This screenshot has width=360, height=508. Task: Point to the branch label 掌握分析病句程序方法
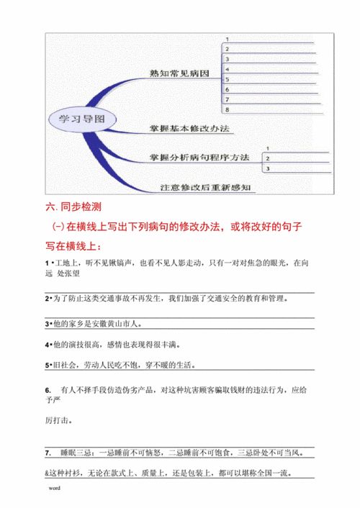(200, 156)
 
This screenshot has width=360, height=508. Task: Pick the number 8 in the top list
(228, 109)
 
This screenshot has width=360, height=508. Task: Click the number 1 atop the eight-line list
(228, 39)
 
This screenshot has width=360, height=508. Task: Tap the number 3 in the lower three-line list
(268, 168)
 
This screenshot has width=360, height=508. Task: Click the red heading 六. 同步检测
(75, 208)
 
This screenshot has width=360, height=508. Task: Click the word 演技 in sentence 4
(80, 345)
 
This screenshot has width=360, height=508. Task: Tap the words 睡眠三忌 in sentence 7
(78, 453)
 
